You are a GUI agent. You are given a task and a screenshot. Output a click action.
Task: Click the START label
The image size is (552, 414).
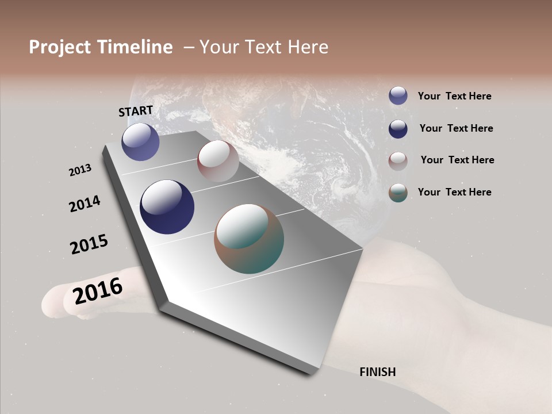pos(136,111)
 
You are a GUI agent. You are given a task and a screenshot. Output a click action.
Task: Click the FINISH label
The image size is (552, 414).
pos(377,372)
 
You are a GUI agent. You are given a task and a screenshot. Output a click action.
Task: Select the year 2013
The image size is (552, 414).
pos(80,170)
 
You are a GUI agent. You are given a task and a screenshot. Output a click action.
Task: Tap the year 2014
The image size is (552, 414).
pos(85,204)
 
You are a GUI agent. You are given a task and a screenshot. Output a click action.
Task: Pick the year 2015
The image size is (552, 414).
pos(89,245)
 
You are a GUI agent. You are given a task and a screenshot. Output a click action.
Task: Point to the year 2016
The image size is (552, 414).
pos(98,290)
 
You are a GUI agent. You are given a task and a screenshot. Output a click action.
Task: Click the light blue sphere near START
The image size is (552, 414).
pos(140,142)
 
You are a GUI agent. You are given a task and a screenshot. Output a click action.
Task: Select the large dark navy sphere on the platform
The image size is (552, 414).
pos(167,207)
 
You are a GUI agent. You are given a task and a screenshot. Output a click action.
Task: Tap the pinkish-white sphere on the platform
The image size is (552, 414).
pos(218,161)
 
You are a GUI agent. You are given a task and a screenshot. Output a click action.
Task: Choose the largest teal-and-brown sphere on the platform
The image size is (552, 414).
pos(248,239)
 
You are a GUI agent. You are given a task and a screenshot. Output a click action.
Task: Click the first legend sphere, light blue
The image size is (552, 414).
pos(398,95)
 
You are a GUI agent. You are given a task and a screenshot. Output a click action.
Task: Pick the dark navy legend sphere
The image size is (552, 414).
pos(398,129)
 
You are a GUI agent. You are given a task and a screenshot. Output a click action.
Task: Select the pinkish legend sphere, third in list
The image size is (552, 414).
pos(398,161)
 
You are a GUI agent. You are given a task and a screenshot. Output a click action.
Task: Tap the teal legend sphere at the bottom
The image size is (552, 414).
pos(398,193)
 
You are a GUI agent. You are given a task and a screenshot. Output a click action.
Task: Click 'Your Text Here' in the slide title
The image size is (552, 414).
pos(264,47)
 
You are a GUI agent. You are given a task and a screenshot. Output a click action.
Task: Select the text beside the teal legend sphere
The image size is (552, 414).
pos(454,192)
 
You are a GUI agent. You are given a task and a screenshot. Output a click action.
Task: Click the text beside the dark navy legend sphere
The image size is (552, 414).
pos(456,128)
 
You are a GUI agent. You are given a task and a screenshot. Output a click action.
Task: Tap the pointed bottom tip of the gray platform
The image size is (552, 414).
pos(310,373)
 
